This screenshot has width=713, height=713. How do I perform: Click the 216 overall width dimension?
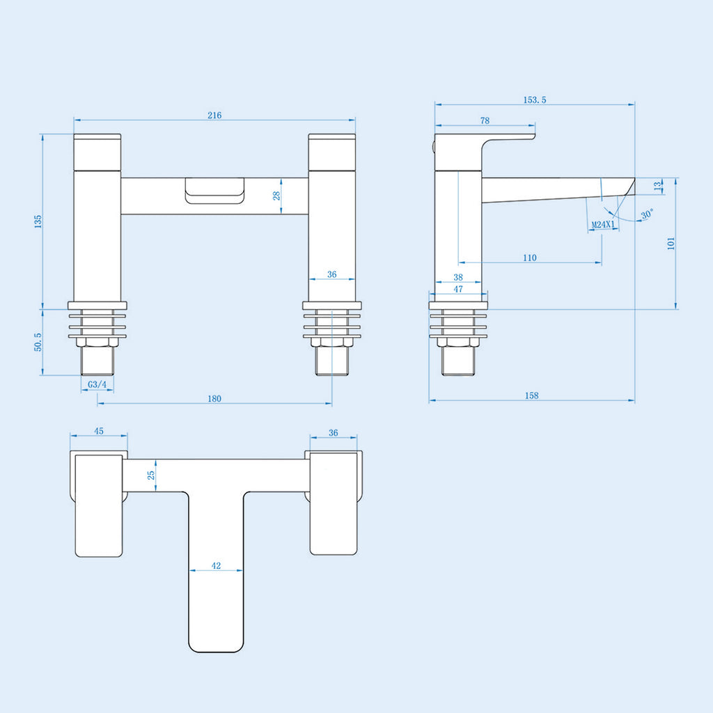(214, 115)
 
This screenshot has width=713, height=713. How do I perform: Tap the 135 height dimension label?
(38, 221)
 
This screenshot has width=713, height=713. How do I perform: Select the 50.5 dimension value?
(38, 342)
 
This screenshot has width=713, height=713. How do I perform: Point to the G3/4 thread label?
(97, 384)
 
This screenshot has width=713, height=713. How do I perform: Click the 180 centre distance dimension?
(214, 399)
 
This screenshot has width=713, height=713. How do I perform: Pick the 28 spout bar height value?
(276, 196)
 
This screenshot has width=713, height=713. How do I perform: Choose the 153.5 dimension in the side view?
(535, 100)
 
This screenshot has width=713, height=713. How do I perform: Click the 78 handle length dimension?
(485, 120)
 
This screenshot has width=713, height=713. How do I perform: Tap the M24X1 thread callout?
(603, 225)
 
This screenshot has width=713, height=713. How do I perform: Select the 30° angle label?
(647, 214)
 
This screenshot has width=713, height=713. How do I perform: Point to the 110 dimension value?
(530, 258)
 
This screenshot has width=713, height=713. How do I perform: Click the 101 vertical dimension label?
(671, 243)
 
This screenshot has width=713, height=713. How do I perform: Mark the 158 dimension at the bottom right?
(531, 395)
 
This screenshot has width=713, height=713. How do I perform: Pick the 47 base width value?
(458, 289)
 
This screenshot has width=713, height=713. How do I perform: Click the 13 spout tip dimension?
(658, 186)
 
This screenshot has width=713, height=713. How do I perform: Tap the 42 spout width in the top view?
(216, 565)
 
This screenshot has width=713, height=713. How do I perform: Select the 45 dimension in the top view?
(99, 431)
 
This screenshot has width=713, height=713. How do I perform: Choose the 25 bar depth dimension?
(151, 475)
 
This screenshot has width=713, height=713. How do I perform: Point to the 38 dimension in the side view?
(458, 277)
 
